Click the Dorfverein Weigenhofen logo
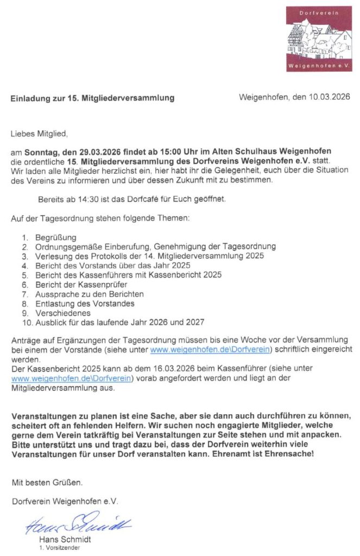pyautogui.click(x=319, y=39)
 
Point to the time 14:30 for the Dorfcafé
pyautogui.click(x=86, y=199)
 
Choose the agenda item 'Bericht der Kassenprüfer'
pyautogui.click(x=81, y=284)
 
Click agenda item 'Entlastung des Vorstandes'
pyautogui.click(x=84, y=304)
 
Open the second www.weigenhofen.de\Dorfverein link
pyautogui.click(x=72, y=378)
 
